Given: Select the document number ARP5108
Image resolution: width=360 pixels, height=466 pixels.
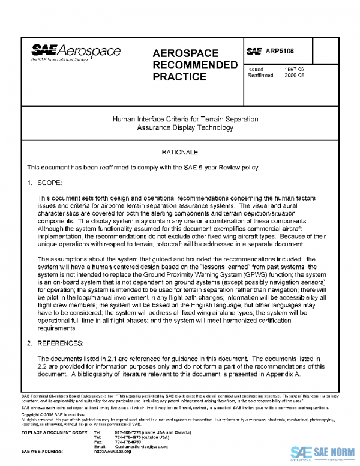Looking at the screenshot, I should point(280,52).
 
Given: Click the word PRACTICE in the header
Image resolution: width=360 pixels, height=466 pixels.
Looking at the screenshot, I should point(179,77).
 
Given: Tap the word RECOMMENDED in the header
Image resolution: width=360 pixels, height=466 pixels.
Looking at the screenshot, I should point(196,65).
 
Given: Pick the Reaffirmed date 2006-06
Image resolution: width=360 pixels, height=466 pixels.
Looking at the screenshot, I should point(293,76).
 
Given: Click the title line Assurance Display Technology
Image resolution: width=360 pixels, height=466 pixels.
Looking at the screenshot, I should point(185,128).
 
